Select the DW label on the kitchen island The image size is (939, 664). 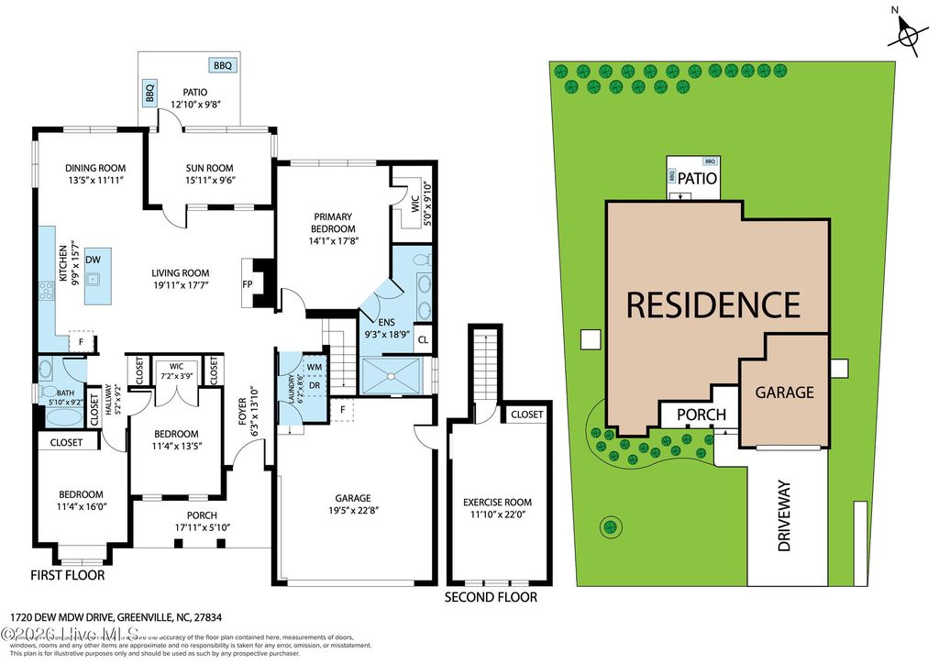click(x=93, y=260)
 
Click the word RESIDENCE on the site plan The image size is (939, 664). click(x=713, y=304)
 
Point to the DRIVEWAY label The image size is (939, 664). click(x=784, y=524)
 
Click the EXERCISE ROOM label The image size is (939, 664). click(x=497, y=502)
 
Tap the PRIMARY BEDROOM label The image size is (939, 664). click(x=331, y=223)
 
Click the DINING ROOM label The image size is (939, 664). click(x=95, y=168)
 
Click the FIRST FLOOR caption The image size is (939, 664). click(x=68, y=576)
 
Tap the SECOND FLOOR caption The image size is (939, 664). click(x=491, y=597)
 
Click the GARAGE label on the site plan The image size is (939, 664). click(x=784, y=392)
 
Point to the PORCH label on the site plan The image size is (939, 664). click(x=701, y=415)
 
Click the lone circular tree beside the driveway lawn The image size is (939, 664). click(x=608, y=527)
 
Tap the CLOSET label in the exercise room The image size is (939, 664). click(x=526, y=415)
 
